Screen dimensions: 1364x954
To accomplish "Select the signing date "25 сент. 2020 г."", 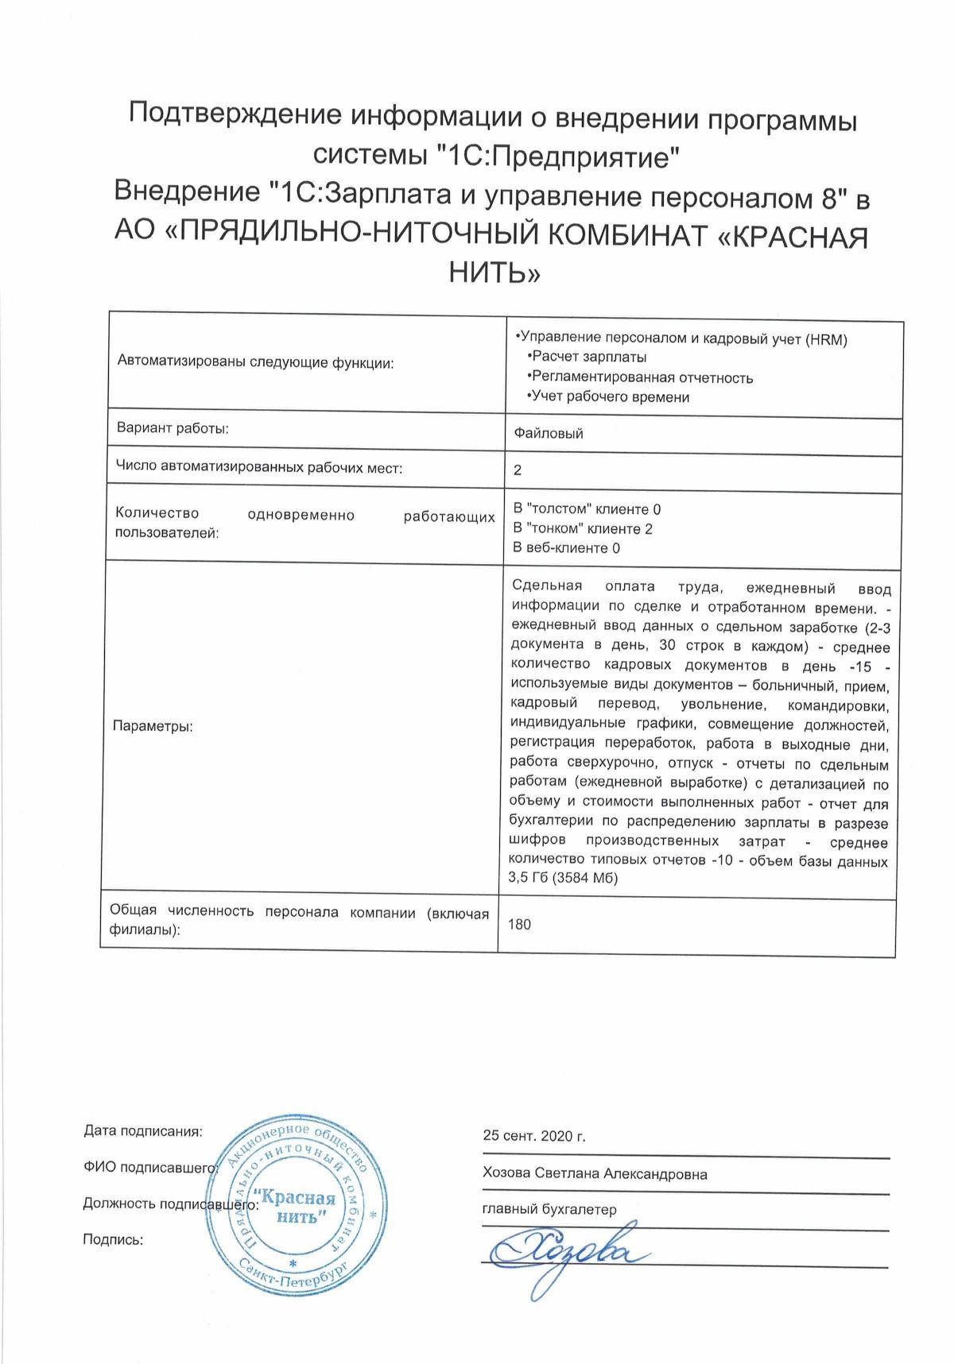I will click(x=533, y=1136).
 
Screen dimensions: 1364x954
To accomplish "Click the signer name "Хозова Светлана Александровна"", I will click(x=595, y=1173).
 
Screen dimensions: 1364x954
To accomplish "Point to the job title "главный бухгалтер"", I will click(x=549, y=1210).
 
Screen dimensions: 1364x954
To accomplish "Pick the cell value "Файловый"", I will click(x=549, y=433).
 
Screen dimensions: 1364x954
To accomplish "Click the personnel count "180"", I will click(x=519, y=924).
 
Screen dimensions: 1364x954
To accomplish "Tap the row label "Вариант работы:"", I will click(x=173, y=429).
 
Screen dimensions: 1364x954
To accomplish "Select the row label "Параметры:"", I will click(x=153, y=726).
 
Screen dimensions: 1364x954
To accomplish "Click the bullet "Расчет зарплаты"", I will click(x=588, y=357).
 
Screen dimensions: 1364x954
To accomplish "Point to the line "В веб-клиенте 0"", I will click(x=567, y=547).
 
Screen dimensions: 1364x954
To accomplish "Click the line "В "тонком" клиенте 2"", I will click(x=583, y=528).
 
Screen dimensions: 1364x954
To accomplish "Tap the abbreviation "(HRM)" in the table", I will click(x=826, y=339).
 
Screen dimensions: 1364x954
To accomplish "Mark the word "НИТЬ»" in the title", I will click(x=494, y=272).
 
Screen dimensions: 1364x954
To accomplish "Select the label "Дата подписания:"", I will click(x=143, y=1131).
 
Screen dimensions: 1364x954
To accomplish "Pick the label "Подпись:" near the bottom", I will click(x=113, y=1239).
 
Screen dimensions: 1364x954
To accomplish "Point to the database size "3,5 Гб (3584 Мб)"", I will click(x=563, y=878).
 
